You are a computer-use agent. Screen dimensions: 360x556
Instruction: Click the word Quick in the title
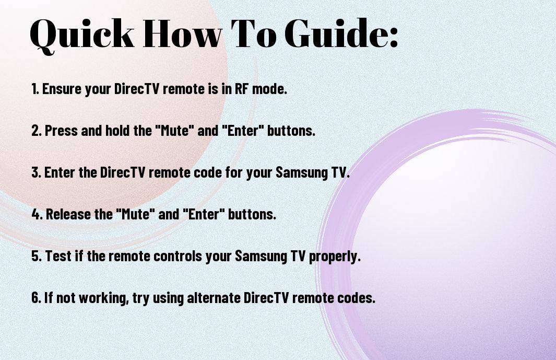(82, 33)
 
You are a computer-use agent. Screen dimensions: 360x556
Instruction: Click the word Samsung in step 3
(299, 172)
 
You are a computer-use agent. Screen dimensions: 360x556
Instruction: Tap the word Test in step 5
(56, 256)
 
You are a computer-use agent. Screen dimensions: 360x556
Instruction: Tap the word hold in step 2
(117, 131)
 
